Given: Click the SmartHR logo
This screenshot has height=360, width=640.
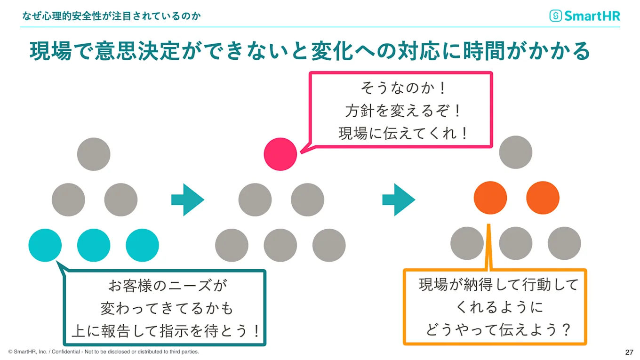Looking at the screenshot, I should click(585, 16).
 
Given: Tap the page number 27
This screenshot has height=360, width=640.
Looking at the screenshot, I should click(629, 352).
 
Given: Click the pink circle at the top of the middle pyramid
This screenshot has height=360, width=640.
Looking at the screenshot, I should click(280, 154).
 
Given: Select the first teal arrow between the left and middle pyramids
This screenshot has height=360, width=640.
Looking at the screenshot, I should click(187, 200).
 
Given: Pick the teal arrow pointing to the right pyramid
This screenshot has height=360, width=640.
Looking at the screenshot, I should click(398, 200).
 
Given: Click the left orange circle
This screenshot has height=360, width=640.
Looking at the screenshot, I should click(490, 198).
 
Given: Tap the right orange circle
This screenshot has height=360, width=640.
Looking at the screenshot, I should click(543, 198).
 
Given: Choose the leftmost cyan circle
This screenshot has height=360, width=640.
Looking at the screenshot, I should click(45, 245).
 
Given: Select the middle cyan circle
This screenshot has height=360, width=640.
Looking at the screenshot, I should click(94, 245).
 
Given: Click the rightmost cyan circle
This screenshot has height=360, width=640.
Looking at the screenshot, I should click(142, 245).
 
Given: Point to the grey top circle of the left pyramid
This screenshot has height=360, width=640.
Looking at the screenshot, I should click(94, 154).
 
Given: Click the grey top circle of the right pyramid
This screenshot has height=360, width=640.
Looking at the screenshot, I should click(516, 152).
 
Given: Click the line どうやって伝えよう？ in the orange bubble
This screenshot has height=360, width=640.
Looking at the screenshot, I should click(498, 329).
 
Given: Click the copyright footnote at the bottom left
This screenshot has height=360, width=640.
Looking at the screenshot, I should click(104, 352).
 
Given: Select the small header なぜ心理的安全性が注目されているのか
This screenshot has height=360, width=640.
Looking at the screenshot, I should click(112, 16).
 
